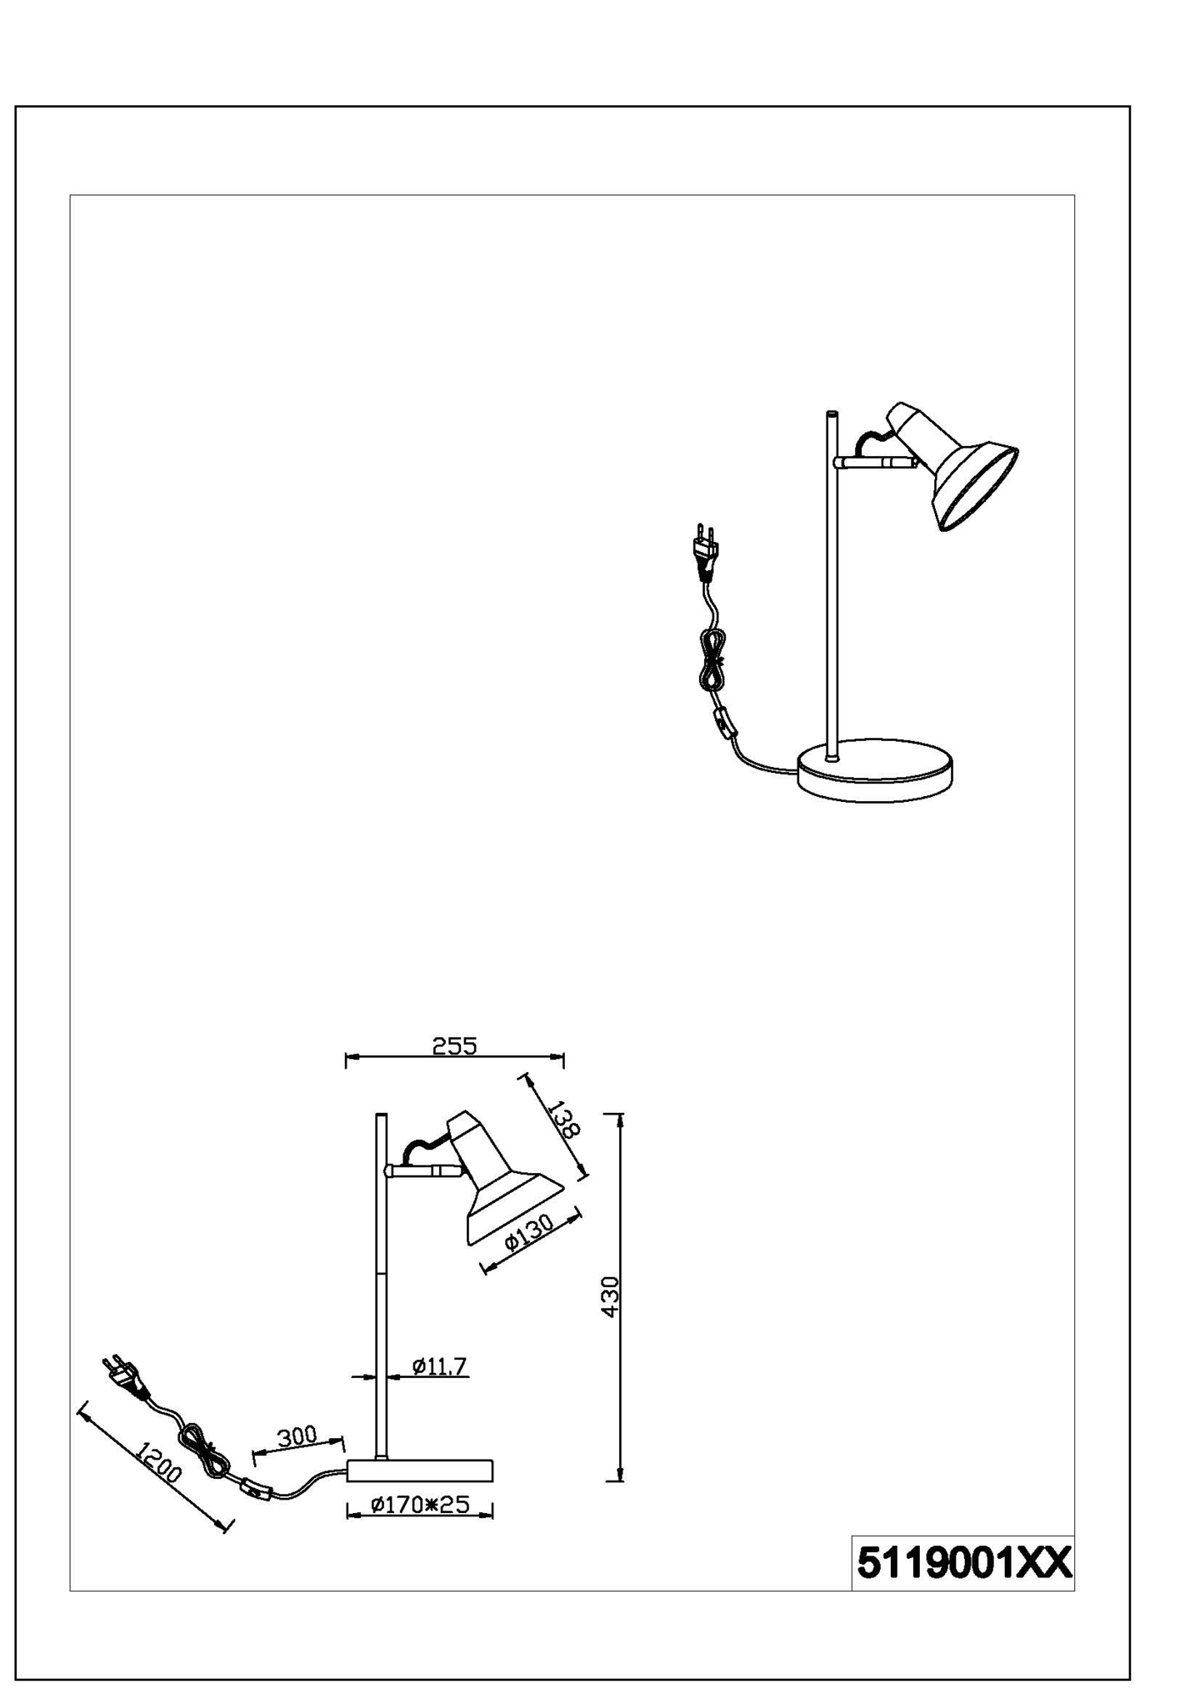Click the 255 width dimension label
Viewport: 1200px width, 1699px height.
click(x=454, y=1045)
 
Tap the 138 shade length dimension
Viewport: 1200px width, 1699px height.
click(x=563, y=1119)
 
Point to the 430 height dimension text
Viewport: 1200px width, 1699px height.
click(x=610, y=1296)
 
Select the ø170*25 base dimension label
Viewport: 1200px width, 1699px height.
click(x=420, y=1504)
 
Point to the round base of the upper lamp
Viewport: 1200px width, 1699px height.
click(x=875, y=770)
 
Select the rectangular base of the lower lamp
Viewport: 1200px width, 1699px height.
click(x=419, y=1471)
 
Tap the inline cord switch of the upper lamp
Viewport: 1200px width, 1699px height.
click(x=726, y=723)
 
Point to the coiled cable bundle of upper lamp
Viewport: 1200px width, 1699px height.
click(x=712, y=659)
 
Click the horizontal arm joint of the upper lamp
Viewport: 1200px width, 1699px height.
click(x=875, y=461)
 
